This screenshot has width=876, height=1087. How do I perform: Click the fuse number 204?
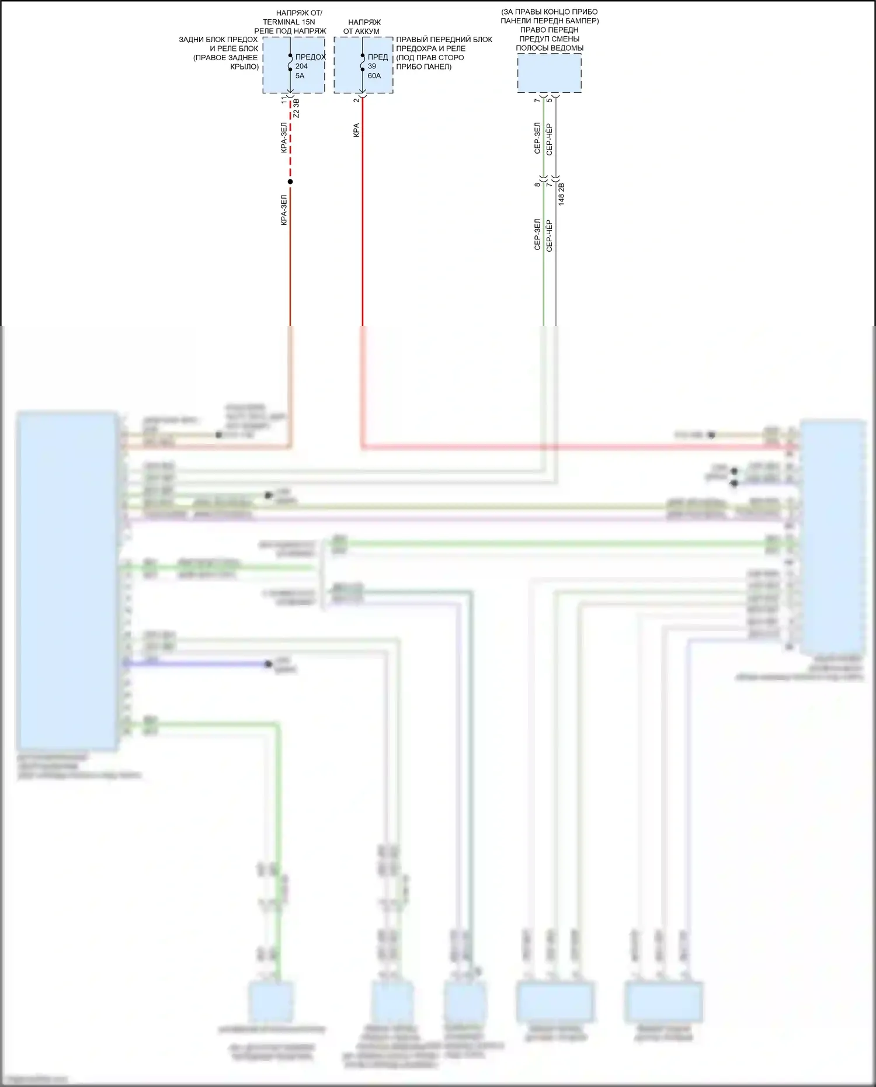[x=301, y=66]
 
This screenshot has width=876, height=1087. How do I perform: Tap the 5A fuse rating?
[x=300, y=75]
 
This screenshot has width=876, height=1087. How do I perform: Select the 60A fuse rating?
[x=374, y=75]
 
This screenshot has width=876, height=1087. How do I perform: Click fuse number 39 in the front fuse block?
[x=372, y=66]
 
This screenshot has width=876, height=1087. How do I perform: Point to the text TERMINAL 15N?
[x=288, y=22]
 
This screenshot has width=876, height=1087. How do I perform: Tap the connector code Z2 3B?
[x=296, y=109]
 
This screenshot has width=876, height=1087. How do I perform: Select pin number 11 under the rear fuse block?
[x=284, y=100]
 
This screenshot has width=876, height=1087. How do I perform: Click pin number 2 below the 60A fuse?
[x=356, y=100]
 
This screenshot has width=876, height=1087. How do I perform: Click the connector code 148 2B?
[x=561, y=193]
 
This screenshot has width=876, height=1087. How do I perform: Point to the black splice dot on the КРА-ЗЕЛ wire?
[x=290, y=182]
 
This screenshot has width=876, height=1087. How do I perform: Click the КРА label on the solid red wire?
[x=356, y=130]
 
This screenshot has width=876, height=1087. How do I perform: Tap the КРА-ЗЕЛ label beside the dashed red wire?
[x=284, y=138]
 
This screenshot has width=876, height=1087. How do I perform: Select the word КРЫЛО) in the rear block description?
[x=244, y=67]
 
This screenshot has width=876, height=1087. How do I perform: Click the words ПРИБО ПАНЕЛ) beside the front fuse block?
[x=424, y=67]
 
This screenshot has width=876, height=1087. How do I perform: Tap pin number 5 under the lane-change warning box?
[x=550, y=100]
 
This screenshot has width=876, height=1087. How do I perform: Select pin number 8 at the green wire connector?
[x=537, y=185]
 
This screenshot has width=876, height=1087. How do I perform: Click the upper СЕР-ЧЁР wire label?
[x=550, y=140]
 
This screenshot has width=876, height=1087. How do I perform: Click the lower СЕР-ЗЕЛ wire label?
[x=537, y=235]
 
